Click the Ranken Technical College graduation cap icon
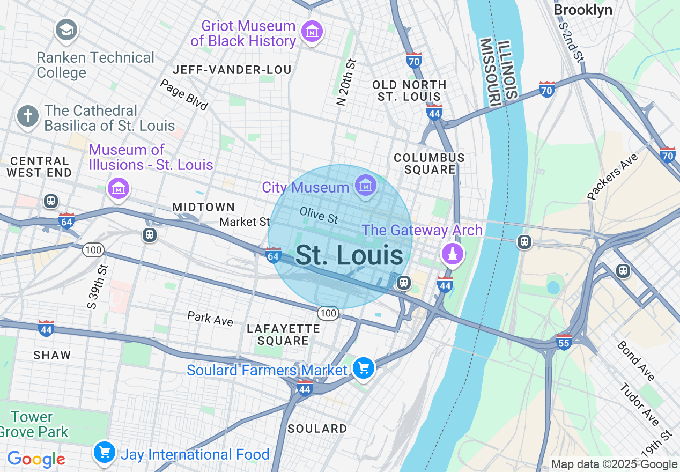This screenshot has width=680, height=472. [67, 29]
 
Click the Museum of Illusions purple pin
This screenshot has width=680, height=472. [119, 188]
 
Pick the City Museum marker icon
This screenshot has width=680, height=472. [366, 186]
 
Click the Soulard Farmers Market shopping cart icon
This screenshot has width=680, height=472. [364, 368]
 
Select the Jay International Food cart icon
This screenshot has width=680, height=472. [105, 453]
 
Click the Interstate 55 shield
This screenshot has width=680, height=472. [564, 342]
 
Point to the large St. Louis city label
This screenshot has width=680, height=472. [349, 255]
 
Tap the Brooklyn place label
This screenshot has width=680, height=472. [582, 10]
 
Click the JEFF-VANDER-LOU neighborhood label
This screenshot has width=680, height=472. [232, 70]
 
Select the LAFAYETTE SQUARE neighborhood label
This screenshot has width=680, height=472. [283, 335]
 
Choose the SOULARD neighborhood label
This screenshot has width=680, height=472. [317, 429]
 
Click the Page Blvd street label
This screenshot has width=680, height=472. [184, 94]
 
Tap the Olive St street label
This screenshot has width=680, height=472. [319, 215]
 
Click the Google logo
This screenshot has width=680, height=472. [36, 459]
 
